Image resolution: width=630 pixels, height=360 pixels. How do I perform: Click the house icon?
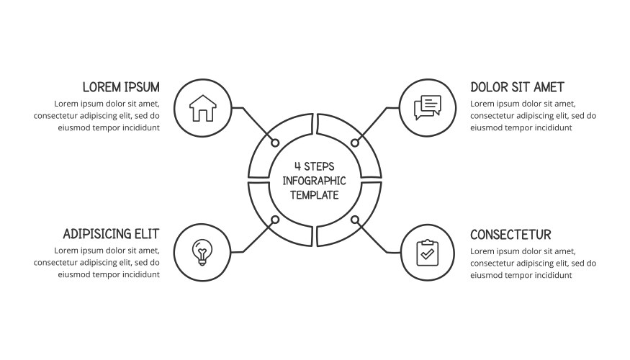[203, 108]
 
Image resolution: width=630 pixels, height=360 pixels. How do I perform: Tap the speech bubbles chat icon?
[428, 107]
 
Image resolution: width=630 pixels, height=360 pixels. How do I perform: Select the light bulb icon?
[202, 252]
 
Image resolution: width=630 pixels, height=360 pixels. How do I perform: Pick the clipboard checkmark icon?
[428, 253]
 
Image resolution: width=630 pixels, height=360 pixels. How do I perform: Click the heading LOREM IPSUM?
[121, 87]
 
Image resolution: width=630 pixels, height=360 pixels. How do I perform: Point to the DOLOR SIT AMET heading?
[517, 87]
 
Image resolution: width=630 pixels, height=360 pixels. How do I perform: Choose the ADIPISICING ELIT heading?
[112, 234]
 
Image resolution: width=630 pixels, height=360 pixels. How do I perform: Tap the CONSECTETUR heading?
[510, 235]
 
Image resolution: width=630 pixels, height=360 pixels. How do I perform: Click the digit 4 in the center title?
[298, 166]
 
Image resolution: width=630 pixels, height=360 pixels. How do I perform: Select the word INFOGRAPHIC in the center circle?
[314, 181]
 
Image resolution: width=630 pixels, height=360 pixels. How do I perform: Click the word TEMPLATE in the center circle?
[315, 195]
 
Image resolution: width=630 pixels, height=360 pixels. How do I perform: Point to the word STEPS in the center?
[319, 166]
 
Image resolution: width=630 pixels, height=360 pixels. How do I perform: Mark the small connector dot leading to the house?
[275, 143]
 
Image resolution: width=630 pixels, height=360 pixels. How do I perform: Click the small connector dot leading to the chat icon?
[355, 143]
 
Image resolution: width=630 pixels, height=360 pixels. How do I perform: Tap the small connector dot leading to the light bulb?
[275, 220]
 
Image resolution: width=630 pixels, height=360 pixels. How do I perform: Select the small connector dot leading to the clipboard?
[355, 220]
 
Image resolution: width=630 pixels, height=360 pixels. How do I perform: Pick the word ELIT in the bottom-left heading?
[148, 234]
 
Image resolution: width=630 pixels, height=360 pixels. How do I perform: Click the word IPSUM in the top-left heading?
[142, 87]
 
